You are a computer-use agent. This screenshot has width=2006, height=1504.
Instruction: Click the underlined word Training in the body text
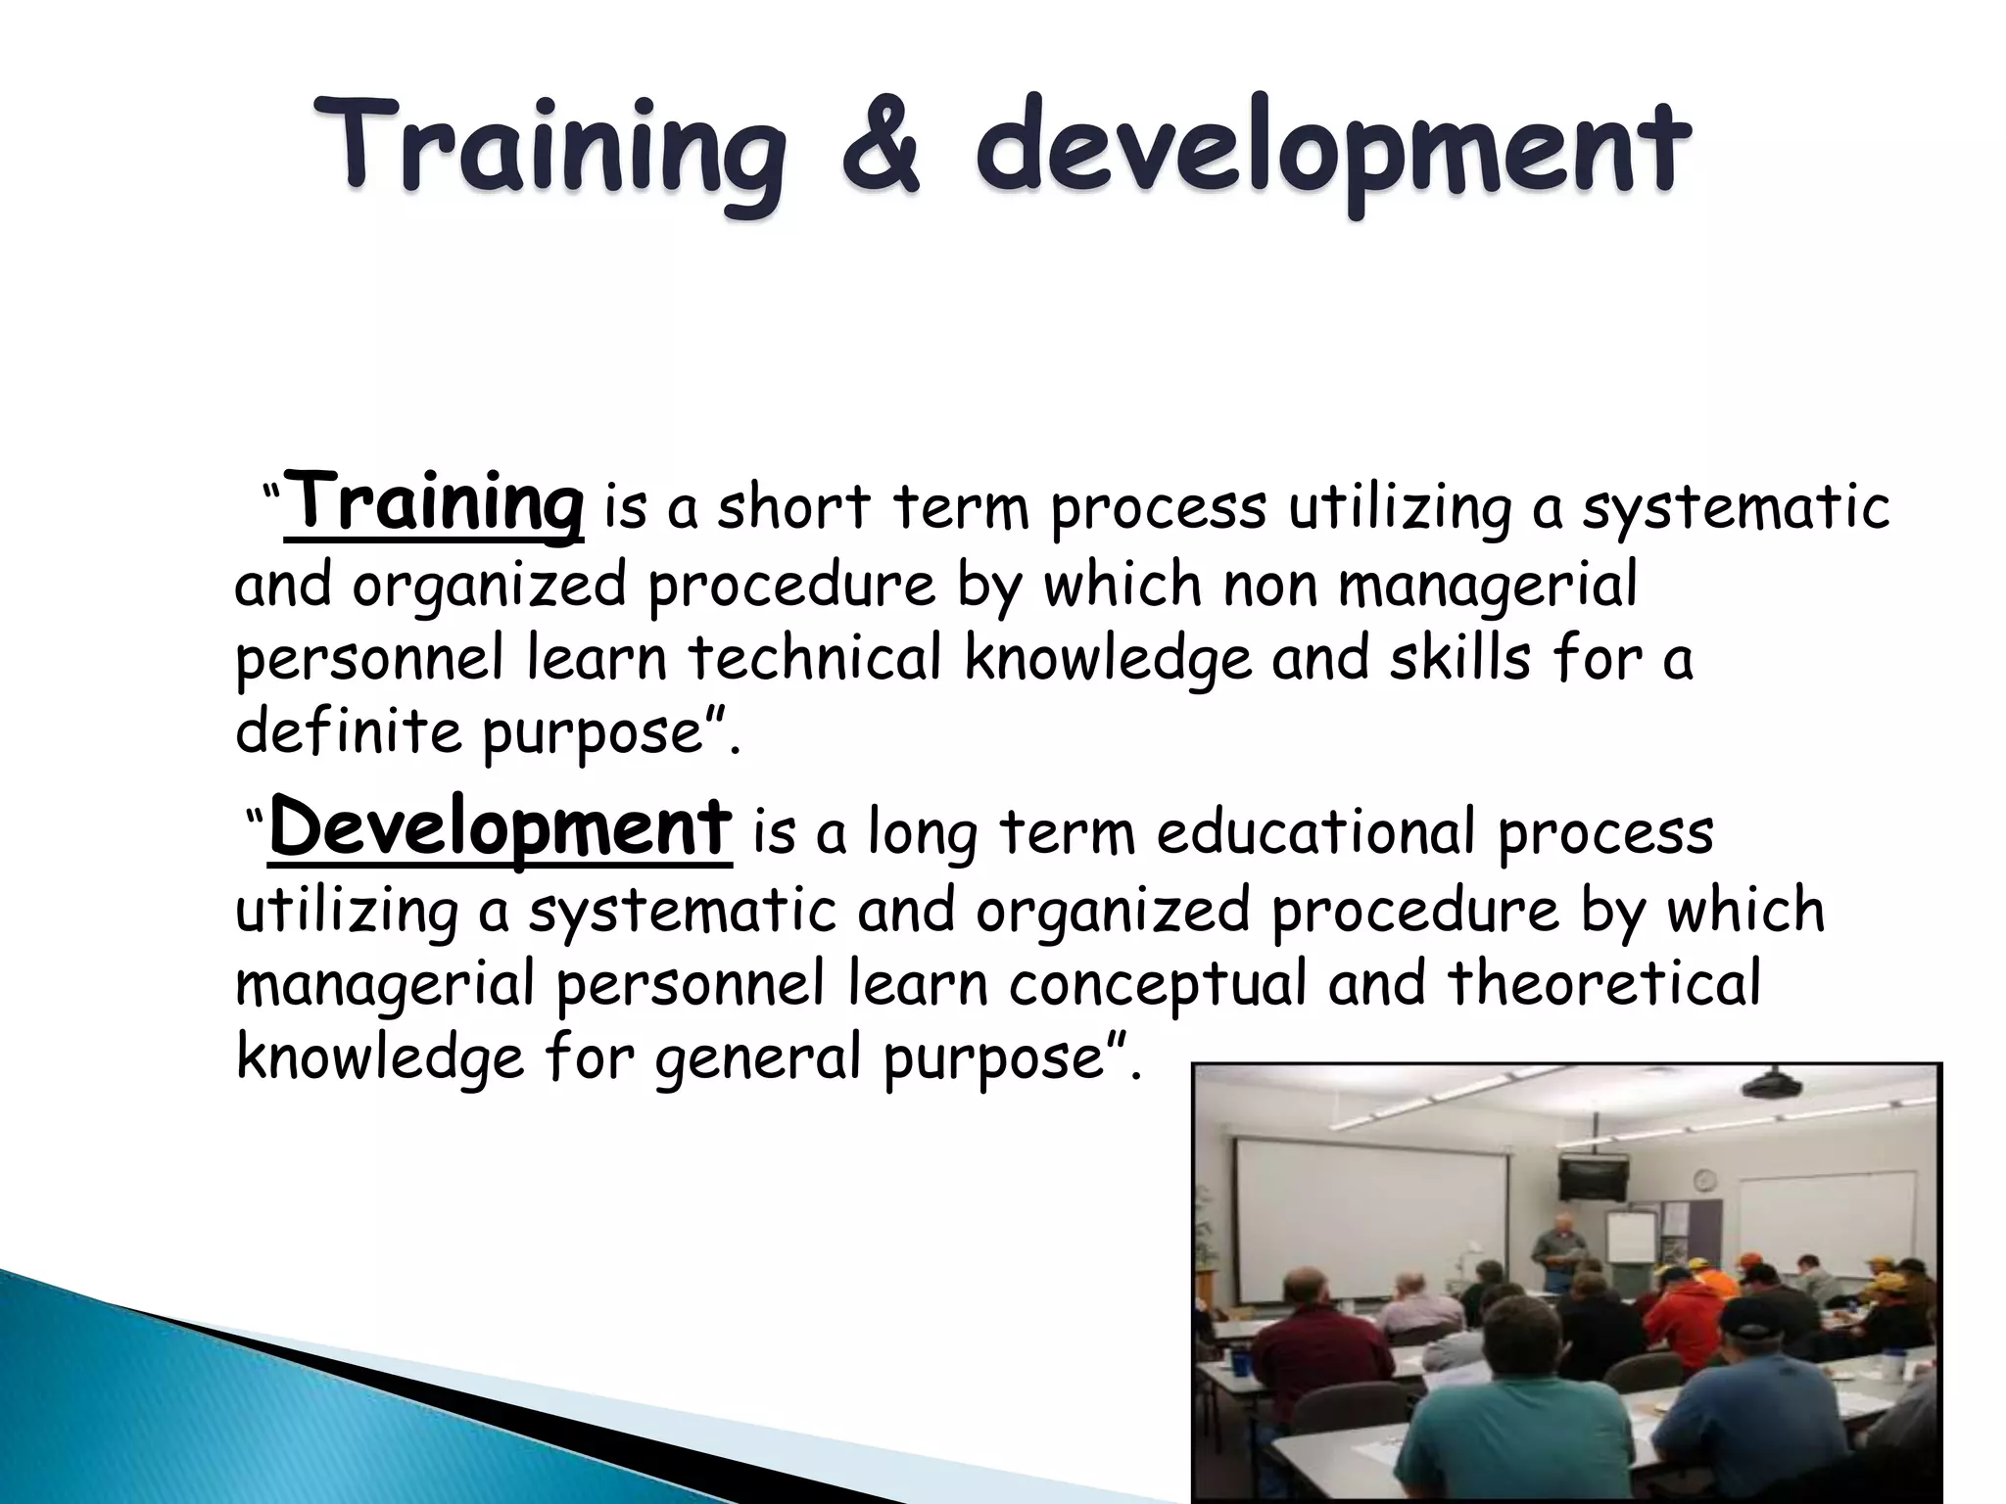click(x=434, y=505)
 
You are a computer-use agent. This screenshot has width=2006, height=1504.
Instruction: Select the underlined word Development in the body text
click(x=500, y=830)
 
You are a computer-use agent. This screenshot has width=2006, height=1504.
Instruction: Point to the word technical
click(x=814, y=658)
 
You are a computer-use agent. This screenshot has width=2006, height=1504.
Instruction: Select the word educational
click(x=1315, y=834)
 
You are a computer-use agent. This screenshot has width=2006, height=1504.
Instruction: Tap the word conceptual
click(x=1158, y=983)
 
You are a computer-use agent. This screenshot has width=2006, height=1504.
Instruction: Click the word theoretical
click(x=1604, y=983)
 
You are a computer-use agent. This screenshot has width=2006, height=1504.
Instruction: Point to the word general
click(x=759, y=1059)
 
